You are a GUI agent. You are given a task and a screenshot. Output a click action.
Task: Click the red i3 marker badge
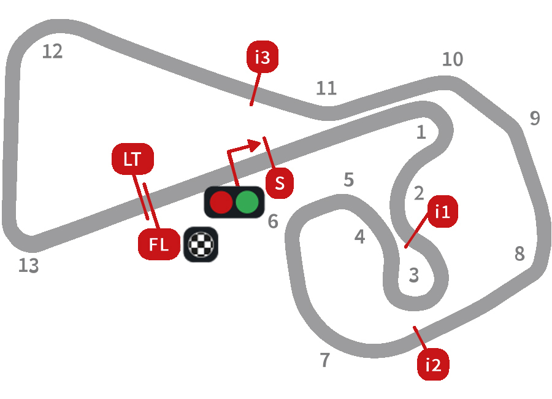[x=262, y=57]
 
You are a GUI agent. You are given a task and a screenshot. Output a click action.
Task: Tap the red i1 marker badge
[x=442, y=212]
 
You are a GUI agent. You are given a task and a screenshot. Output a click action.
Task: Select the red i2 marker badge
[x=433, y=365]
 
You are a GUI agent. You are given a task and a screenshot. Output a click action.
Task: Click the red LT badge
[x=132, y=159]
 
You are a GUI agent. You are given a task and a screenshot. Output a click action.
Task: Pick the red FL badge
[x=159, y=245]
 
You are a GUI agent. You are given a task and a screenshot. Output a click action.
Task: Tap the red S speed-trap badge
[x=280, y=183]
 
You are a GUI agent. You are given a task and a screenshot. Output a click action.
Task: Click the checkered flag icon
[x=201, y=245]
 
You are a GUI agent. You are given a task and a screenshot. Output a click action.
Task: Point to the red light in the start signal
[x=221, y=202]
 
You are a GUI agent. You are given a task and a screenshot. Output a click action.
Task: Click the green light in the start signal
[x=248, y=202]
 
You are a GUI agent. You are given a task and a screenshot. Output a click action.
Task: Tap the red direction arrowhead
[x=254, y=145]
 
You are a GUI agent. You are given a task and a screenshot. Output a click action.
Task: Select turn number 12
[x=53, y=52]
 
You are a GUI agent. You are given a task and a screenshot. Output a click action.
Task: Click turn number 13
[x=28, y=266]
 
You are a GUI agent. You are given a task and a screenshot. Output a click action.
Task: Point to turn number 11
[x=326, y=88]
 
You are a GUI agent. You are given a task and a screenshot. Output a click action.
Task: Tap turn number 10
[x=453, y=60]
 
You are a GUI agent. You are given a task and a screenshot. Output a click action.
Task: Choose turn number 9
[x=535, y=118]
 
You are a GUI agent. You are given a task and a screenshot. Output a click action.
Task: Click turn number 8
[x=519, y=253]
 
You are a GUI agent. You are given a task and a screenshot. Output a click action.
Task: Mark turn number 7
[x=325, y=360]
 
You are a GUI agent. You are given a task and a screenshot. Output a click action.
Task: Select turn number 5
[x=349, y=180]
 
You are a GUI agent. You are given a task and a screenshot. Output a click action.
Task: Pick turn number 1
[x=421, y=133]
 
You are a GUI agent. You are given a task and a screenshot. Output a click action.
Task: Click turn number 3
[x=414, y=276]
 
